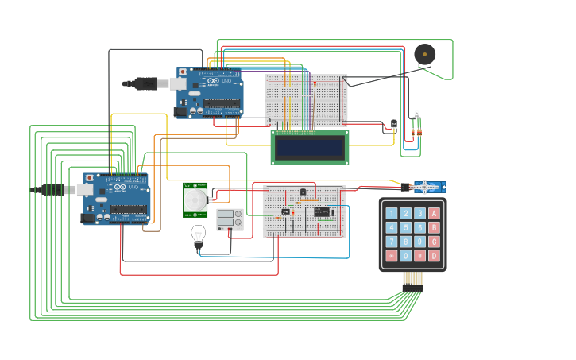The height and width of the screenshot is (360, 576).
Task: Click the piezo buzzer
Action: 424,55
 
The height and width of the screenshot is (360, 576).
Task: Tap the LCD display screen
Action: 310,147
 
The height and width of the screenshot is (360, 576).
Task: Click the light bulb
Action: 198,234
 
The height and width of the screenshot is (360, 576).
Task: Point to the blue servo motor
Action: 429,188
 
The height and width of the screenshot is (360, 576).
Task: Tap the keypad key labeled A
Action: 434,213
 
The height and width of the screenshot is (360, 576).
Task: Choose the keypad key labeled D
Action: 434,256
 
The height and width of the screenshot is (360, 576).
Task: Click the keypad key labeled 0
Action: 405,256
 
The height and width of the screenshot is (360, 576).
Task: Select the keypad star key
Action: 391,256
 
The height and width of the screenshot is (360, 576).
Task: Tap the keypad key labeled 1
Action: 391,213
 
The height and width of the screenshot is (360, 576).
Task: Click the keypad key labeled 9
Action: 419,242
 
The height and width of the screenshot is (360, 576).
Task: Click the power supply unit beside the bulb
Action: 230,219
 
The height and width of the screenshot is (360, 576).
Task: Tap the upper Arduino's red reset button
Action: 184,72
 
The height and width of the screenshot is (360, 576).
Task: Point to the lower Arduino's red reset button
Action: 89,177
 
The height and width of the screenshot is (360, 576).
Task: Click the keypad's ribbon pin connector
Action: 412,279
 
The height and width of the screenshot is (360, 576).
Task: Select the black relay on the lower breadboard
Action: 321,211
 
